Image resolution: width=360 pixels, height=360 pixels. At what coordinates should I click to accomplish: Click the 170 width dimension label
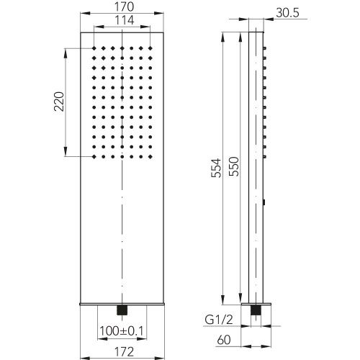coord(124,7)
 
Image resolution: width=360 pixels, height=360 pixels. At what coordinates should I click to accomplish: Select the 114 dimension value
coord(124,20)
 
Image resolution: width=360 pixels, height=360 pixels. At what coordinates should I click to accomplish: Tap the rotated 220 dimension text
coord(59,102)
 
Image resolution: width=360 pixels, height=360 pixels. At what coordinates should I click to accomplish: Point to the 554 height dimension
coord(216,168)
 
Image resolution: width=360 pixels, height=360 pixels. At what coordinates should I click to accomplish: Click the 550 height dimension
coord(234,166)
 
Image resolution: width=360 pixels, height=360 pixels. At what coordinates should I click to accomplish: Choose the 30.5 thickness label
coord(287,12)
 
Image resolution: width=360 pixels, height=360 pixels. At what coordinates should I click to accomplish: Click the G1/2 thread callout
coord(219,320)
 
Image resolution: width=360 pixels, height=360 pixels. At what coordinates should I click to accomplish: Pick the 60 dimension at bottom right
coord(224,340)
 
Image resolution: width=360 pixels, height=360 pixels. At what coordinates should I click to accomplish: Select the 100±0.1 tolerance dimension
coord(122,331)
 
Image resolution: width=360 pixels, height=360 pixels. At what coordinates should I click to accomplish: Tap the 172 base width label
coord(124,352)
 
